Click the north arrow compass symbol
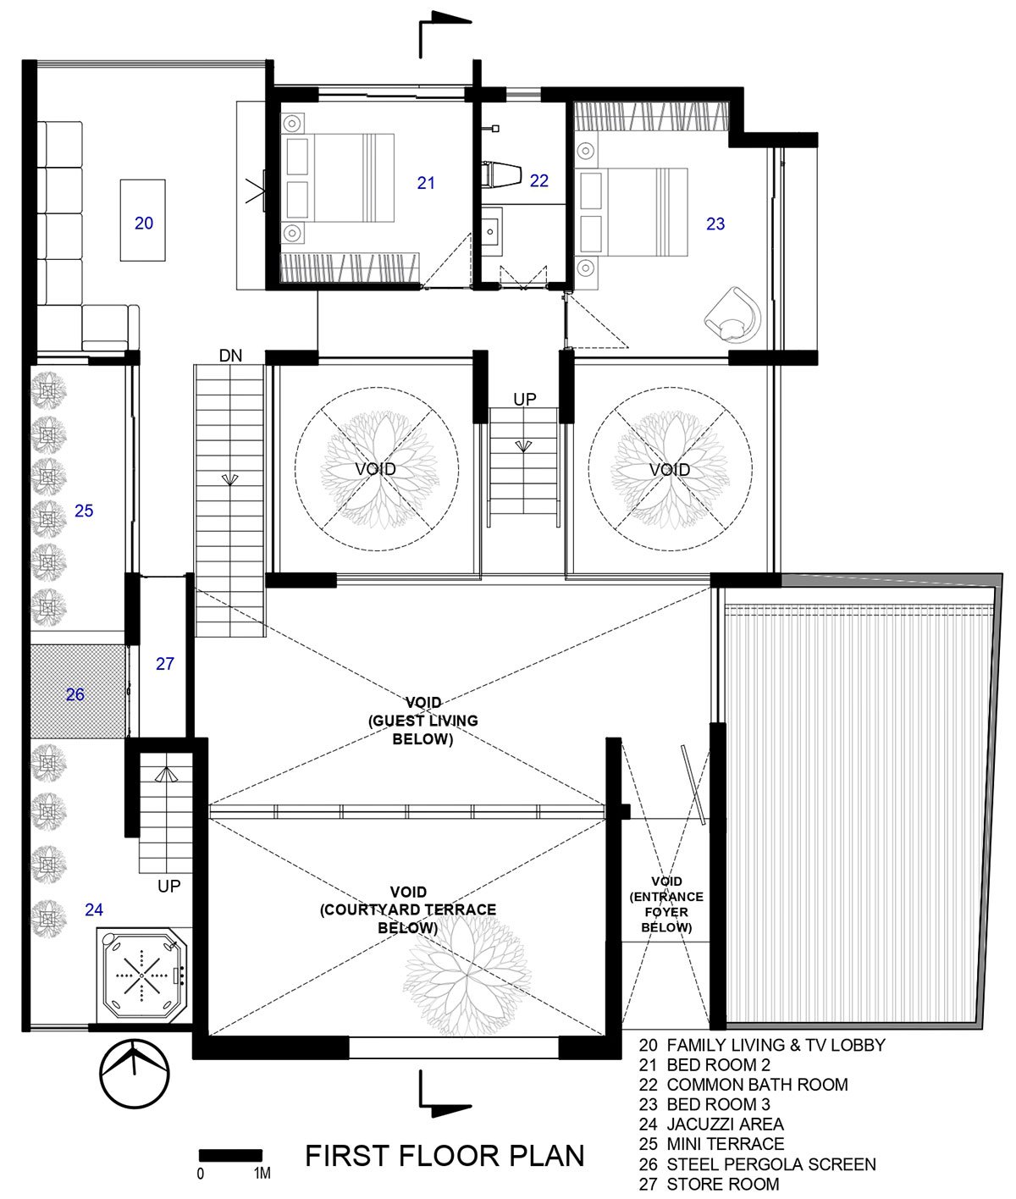click(135, 1073)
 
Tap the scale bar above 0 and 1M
click(231, 1154)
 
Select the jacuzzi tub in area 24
click(142, 975)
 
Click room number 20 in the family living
click(144, 223)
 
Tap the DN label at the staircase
click(230, 356)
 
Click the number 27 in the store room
click(165, 663)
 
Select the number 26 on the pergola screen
click(75, 693)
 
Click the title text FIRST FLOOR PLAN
click(444, 1156)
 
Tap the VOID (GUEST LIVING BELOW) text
click(423, 721)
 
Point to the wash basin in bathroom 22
click(492, 232)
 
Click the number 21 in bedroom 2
click(426, 183)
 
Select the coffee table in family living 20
click(142, 220)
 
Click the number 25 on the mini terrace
click(84, 511)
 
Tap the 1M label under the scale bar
click(262, 1174)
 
